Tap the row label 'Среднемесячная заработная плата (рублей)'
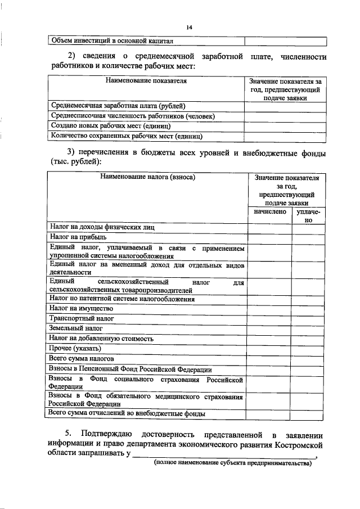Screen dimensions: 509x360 [118, 106]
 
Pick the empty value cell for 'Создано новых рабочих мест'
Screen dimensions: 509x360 [285, 127]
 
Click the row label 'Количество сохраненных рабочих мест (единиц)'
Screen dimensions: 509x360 [127, 136]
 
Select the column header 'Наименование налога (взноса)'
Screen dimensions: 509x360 [147, 177]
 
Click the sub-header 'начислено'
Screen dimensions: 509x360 [270, 212]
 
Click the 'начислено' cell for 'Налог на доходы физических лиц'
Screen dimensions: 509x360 [270, 227]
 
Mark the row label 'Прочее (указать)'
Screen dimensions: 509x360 [76, 348]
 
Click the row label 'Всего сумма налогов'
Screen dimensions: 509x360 [82, 358]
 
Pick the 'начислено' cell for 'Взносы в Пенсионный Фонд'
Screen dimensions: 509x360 [270, 369]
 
